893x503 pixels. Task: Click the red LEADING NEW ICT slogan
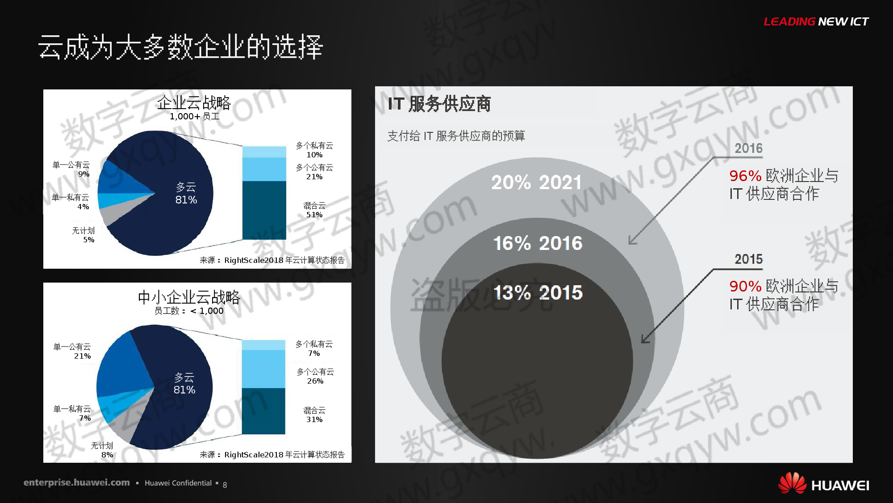tap(816, 21)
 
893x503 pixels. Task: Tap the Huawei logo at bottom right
tap(823, 484)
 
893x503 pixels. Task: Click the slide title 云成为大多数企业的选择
tap(180, 46)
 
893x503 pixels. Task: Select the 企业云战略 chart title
tap(194, 103)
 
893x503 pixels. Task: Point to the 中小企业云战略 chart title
tap(189, 297)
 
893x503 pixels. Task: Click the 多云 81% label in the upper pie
tap(186, 193)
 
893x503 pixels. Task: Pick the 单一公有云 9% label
tap(71, 169)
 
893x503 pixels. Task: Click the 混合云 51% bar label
tap(314, 210)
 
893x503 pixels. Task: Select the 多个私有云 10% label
tap(314, 150)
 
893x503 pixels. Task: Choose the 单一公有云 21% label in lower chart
tap(72, 351)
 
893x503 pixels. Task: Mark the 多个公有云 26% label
tap(315, 376)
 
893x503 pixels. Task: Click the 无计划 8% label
tap(102, 450)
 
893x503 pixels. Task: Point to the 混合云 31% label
tap(314, 414)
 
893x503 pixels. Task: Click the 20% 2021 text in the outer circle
tap(537, 182)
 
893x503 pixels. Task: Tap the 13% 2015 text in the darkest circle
tap(538, 293)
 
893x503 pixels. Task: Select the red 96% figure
tap(745, 176)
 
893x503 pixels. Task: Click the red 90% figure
tap(745, 286)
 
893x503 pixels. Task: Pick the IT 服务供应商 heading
tap(439, 104)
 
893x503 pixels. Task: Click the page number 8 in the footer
tap(225, 485)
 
